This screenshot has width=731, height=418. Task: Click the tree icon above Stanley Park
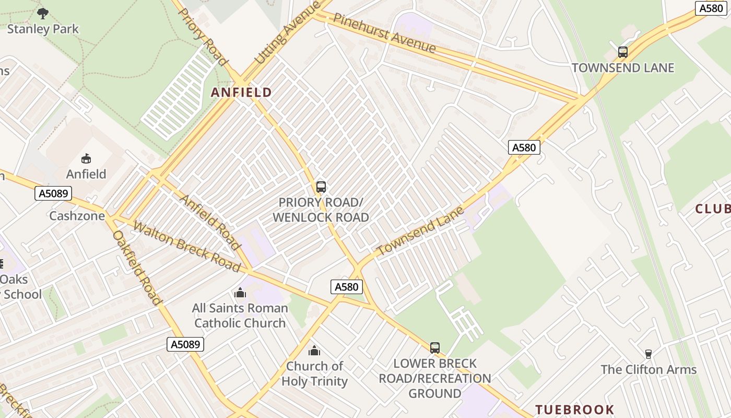click(x=43, y=13)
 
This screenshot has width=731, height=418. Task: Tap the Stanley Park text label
click(x=43, y=29)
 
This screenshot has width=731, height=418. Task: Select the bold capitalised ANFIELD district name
click(x=241, y=92)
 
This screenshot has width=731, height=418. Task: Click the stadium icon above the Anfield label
click(x=86, y=158)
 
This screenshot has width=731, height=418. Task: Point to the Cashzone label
click(x=77, y=216)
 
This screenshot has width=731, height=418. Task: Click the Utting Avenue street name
click(x=287, y=39)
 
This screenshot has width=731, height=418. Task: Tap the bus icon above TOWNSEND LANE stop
click(x=622, y=52)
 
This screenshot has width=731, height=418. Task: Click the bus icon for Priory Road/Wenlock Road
click(x=321, y=187)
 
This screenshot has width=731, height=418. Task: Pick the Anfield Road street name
click(x=210, y=222)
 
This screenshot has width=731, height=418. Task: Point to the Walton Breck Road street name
click(x=186, y=247)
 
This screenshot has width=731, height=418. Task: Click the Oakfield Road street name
click(x=136, y=268)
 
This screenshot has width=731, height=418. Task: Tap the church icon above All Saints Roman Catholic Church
click(x=240, y=293)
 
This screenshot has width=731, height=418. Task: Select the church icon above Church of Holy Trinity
click(x=314, y=350)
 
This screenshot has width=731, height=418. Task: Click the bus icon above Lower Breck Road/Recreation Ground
click(x=434, y=347)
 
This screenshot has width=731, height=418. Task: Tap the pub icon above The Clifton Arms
click(x=648, y=354)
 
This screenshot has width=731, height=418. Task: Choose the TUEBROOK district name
click(x=574, y=409)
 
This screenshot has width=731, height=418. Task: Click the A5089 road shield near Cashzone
click(x=53, y=194)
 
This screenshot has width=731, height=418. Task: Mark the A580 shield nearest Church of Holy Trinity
click(x=346, y=287)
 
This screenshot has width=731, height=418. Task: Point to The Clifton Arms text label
click(x=649, y=369)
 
